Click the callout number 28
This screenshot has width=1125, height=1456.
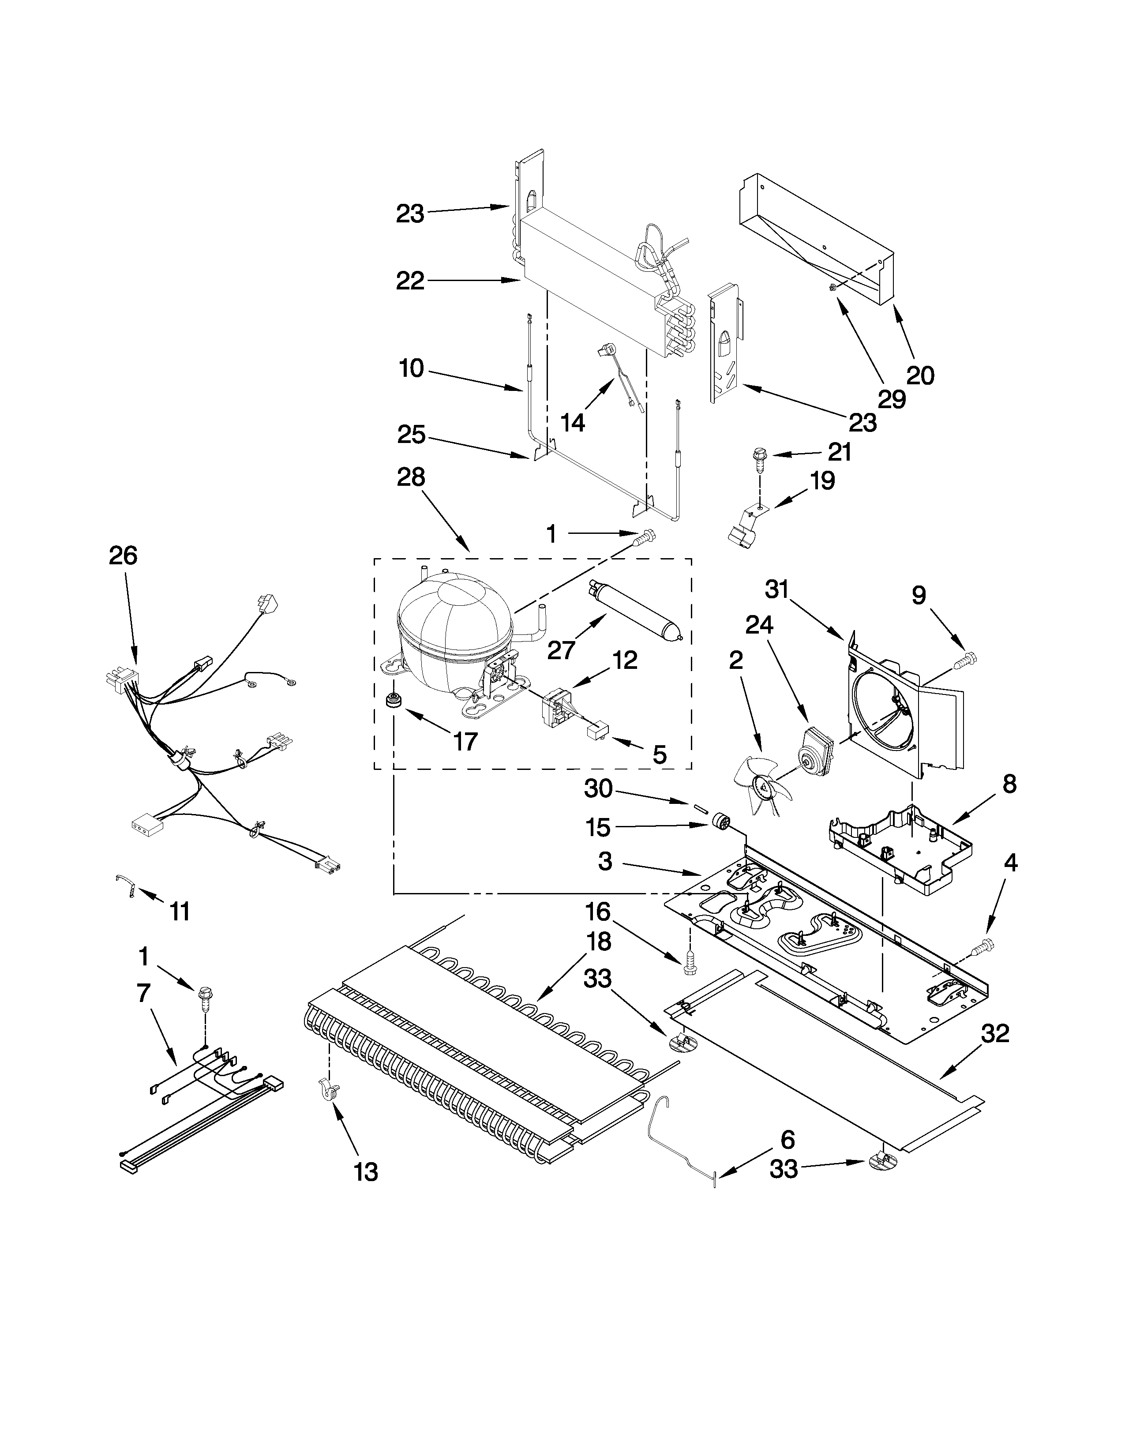click(x=411, y=478)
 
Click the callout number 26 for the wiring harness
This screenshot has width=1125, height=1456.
click(x=123, y=555)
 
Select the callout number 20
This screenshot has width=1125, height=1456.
click(x=920, y=375)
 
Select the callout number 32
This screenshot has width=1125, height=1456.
click(x=995, y=1034)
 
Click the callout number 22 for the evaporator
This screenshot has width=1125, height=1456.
click(x=410, y=281)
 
